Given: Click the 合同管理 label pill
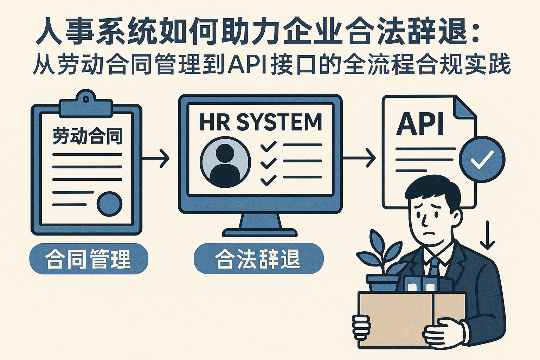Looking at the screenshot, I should tap(89, 259).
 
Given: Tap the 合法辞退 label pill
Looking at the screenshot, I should tap(258, 259).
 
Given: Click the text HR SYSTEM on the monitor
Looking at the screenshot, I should tap(261, 122).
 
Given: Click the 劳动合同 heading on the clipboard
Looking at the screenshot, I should tap(88, 136).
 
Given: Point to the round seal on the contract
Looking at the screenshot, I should tap(109, 204).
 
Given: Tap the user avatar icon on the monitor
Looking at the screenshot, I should tap(225, 162).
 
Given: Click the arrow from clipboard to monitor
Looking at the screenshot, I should tap(156, 158).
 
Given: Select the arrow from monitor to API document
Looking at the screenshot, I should tap(359, 158).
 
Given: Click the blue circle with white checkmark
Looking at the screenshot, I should tap(482, 159).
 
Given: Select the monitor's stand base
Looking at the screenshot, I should tap(260, 232).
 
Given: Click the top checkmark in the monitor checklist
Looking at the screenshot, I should tap(269, 146).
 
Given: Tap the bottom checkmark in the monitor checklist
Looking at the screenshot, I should tap(269, 180).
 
